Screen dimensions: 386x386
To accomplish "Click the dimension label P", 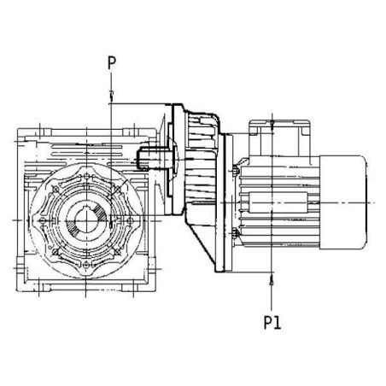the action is (112, 63).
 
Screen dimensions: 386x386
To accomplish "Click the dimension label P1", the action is (272, 323).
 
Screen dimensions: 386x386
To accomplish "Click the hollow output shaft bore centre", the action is (86, 220).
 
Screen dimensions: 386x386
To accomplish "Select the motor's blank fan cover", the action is (343, 202).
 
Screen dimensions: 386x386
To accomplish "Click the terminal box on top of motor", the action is (279, 138).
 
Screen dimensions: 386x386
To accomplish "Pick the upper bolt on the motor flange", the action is (236, 171).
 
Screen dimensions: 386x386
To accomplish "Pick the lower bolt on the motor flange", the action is (236, 234).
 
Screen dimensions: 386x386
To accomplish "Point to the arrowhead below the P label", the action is (111, 96).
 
